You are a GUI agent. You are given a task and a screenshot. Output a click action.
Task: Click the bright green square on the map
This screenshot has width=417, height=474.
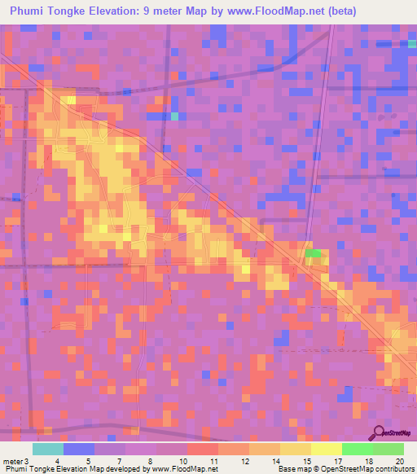[x=313, y=253]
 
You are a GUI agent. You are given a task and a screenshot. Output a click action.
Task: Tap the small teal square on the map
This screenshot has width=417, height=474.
[x=174, y=116]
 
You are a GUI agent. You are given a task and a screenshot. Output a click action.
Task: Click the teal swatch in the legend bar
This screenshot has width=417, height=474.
[x=48, y=449]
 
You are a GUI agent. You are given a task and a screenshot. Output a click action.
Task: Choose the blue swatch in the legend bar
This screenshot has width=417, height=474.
[x=79, y=449]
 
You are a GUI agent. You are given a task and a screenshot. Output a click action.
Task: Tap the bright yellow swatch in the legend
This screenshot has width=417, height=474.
[x=326, y=449]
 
